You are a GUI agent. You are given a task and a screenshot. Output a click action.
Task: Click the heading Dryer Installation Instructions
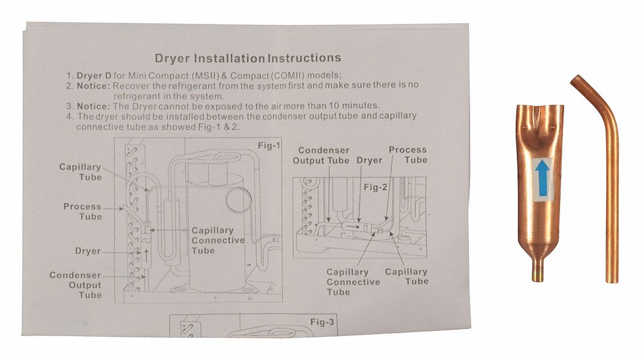(248, 58)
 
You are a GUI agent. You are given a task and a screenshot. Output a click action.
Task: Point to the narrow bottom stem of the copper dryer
(538, 268)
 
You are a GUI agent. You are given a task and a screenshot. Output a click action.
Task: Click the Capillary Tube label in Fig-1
(80, 172)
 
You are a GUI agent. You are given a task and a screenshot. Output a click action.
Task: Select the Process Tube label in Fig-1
(83, 211)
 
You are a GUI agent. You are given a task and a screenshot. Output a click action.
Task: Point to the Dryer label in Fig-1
(88, 251)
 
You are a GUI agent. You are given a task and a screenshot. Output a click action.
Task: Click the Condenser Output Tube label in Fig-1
(75, 285)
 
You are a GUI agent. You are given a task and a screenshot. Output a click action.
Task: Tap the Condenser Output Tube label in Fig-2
(321, 156)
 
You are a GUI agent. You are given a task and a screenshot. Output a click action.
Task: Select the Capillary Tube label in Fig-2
(406, 276)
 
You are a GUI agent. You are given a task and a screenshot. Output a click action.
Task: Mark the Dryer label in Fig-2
(369, 161)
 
